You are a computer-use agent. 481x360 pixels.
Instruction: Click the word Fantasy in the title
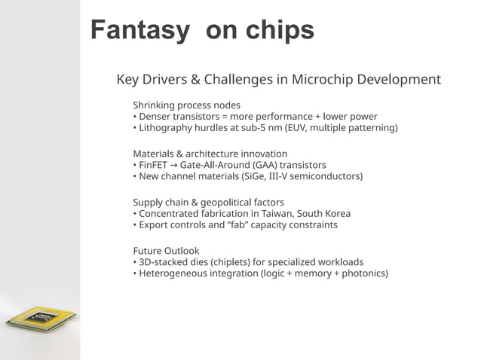139,30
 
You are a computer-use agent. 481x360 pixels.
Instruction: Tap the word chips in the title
276,30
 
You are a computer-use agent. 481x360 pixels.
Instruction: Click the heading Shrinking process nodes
186,105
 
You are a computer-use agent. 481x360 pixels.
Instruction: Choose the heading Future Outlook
166,251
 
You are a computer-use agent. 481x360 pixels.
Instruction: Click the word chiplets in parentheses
228,262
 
